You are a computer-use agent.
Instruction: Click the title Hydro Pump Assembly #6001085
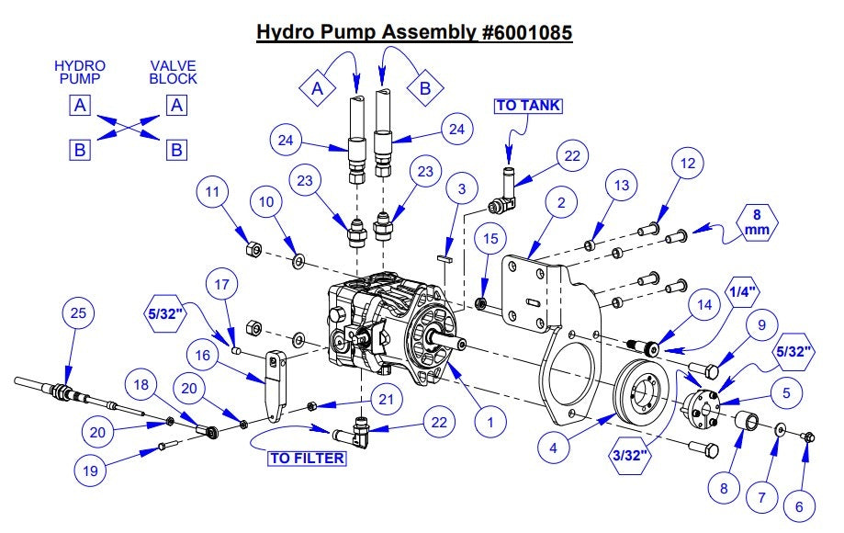(413, 32)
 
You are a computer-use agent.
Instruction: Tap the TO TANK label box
(528, 106)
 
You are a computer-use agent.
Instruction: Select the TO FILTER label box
(307, 457)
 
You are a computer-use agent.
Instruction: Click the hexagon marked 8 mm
(757, 223)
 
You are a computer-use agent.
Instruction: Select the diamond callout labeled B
(425, 88)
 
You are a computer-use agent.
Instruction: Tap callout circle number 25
(78, 314)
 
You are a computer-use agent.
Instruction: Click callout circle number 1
(491, 423)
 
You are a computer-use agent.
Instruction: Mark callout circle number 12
(685, 163)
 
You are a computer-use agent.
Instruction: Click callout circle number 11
(210, 193)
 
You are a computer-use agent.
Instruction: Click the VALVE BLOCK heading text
(174, 73)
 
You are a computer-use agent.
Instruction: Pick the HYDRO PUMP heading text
(80, 73)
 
